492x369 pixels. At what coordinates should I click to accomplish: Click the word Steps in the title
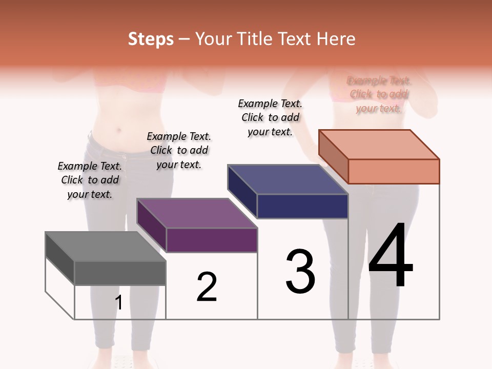click(150, 39)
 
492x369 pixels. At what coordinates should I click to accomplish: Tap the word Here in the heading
click(336, 39)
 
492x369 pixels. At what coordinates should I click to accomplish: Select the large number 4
click(391, 256)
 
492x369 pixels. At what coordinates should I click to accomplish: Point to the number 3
click(300, 272)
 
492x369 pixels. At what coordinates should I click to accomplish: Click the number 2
click(207, 287)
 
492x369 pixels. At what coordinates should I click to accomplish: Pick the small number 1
click(119, 303)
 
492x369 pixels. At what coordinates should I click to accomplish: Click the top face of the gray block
click(106, 246)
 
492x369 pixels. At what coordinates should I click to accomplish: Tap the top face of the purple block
click(197, 213)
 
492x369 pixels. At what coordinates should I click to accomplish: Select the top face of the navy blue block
click(288, 179)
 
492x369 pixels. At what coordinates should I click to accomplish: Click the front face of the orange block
click(394, 171)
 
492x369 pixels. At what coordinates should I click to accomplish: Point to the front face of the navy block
click(302, 206)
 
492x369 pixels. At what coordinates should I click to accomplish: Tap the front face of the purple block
click(211, 240)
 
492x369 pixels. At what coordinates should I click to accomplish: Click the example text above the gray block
click(90, 180)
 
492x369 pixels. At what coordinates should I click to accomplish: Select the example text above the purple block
click(179, 151)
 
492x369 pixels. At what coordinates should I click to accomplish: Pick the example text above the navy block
click(270, 117)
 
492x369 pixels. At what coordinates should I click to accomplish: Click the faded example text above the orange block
click(379, 94)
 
